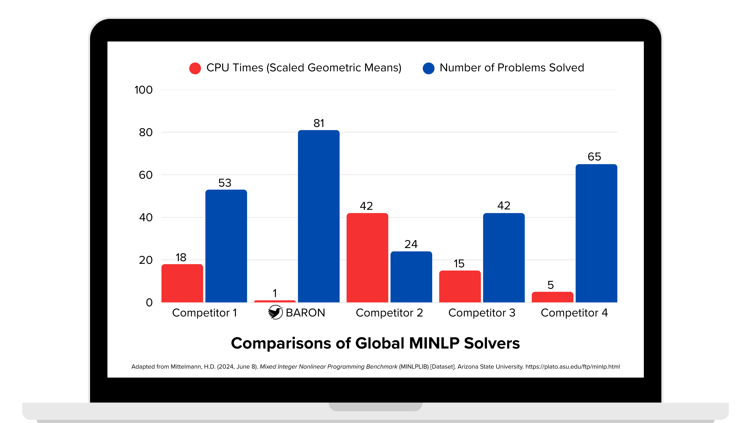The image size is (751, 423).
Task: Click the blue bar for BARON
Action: pyautogui.click(x=319, y=216)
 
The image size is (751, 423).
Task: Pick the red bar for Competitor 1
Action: pyautogui.click(x=182, y=283)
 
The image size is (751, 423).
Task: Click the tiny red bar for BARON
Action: pyautogui.click(x=275, y=301)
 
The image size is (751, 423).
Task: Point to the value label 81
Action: pyautogui.click(x=319, y=123)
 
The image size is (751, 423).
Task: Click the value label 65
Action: pyautogui.click(x=594, y=157)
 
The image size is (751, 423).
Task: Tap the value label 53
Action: pyautogui.click(x=225, y=183)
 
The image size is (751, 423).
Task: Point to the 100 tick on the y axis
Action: pyautogui.click(x=143, y=90)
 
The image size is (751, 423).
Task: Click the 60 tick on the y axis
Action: pyautogui.click(x=146, y=175)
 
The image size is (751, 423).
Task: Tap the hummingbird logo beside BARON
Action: pyautogui.click(x=275, y=312)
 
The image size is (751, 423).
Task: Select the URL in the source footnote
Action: pyautogui.click(x=573, y=367)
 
